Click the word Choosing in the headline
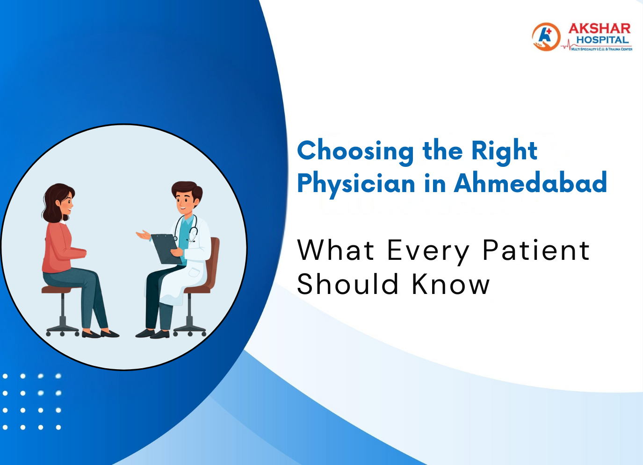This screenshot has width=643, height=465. (x=355, y=151)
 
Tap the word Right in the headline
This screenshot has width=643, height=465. (x=504, y=151)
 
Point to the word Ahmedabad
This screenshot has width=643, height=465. (x=530, y=183)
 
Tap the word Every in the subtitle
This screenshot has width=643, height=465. (x=428, y=251)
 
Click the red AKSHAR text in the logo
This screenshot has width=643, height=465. (x=600, y=29)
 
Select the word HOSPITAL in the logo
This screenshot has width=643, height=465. (x=603, y=40)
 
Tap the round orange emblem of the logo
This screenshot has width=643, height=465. (x=546, y=36)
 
